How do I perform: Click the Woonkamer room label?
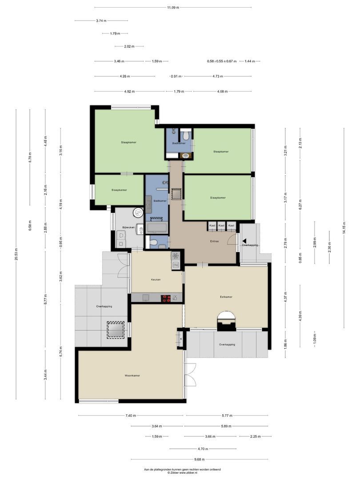tap(132, 376)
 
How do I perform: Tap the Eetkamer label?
tap(226, 297)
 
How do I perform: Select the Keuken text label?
tap(156, 280)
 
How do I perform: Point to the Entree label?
tap(214, 241)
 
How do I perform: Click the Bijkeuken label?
tap(128, 227)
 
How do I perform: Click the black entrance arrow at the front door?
tap(244, 240)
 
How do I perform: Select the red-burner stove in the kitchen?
tap(166, 299)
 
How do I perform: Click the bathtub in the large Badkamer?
tap(156, 229)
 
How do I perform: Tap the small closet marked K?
tap(181, 339)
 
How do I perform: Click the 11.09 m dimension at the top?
tap(173, 8)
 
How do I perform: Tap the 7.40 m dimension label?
tap(131, 416)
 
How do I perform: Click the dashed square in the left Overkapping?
tap(115, 330)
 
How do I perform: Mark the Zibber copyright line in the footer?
tap(182, 473)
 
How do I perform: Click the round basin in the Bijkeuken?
tap(139, 213)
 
